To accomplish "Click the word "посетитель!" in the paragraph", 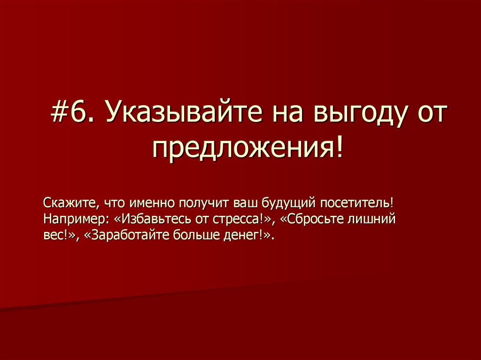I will click(x=358, y=204).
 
